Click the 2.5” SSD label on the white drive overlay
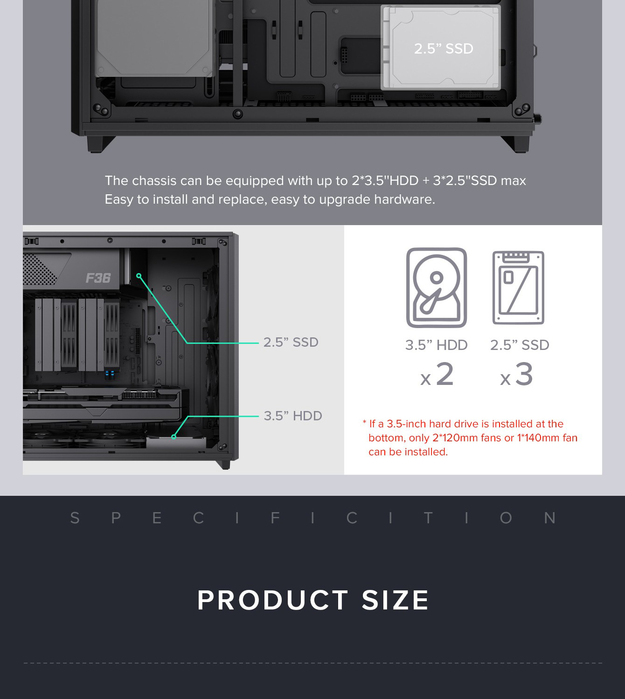(x=444, y=48)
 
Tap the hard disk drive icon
(x=437, y=288)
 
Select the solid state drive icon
(x=518, y=288)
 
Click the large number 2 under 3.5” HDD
(x=445, y=374)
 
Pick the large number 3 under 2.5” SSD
(x=524, y=374)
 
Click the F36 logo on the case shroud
(x=98, y=278)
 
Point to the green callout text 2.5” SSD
(x=291, y=342)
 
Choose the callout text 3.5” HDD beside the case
(x=293, y=416)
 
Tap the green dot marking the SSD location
(x=139, y=276)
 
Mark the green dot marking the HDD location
(x=174, y=437)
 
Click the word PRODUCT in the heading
(x=273, y=600)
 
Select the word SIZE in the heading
(x=395, y=600)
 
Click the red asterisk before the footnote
(x=364, y=422)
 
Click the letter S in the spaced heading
(x=75, y=518)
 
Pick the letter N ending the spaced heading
(x=550, y=518)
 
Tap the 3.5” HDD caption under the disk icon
(x=437, y=345)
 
